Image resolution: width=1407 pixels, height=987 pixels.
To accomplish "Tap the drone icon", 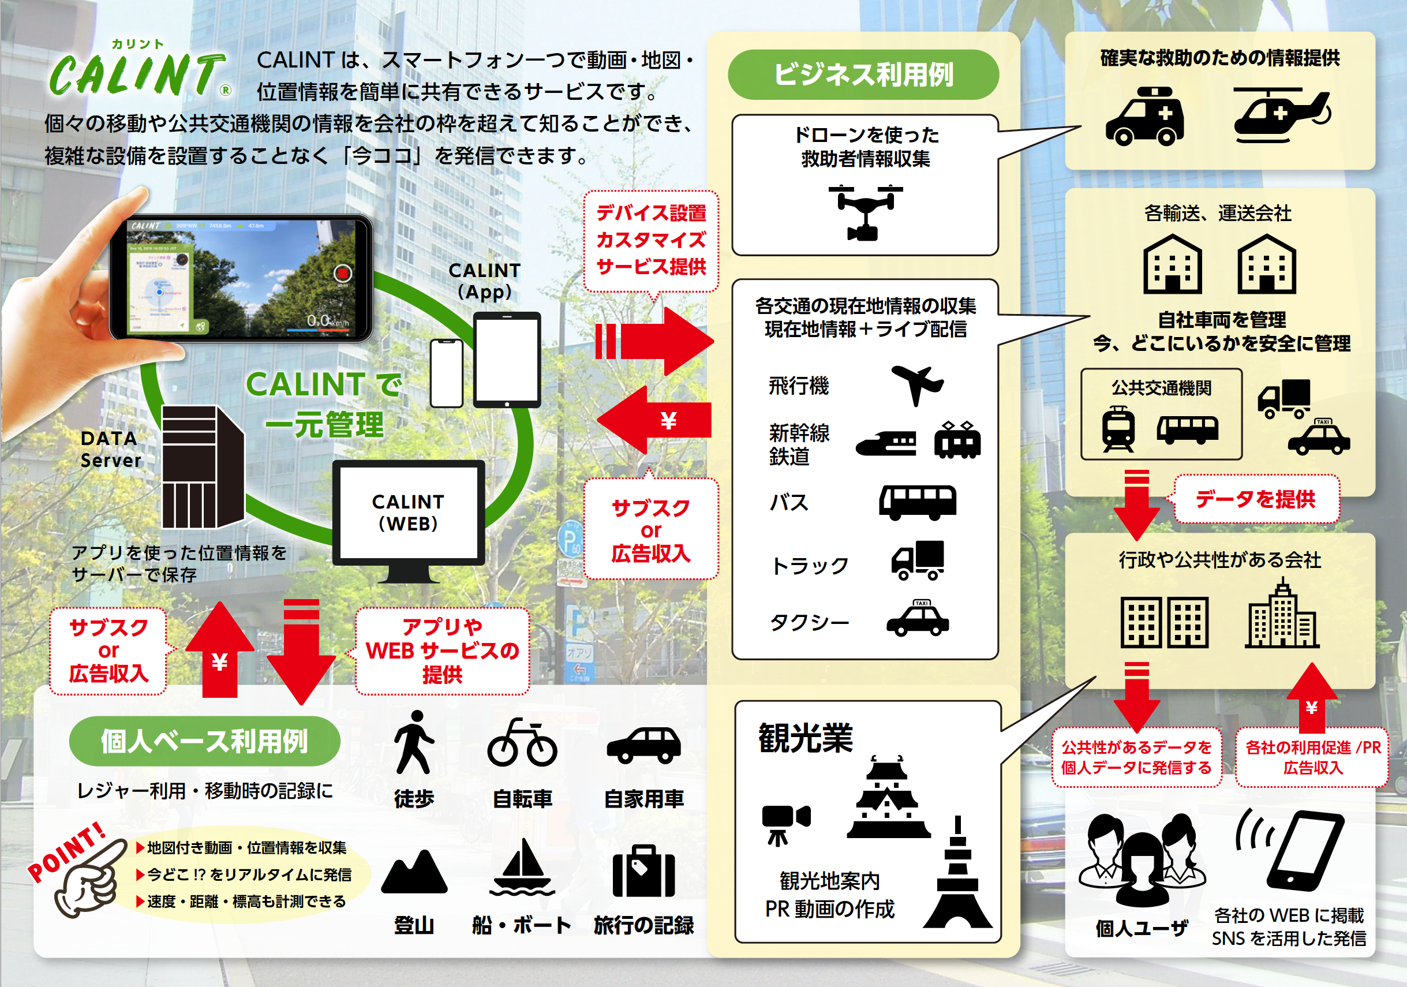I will coord(865,212).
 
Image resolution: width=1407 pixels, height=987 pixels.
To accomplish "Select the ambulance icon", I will coord(1144,116).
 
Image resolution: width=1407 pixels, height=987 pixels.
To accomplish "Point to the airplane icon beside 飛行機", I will coord(917,385).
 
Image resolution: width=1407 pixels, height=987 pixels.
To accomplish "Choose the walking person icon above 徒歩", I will coord(414,742).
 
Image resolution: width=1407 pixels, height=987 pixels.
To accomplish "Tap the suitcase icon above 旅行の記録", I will coord(643,870).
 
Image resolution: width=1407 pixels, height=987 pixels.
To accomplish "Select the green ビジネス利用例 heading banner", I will coord(863,75).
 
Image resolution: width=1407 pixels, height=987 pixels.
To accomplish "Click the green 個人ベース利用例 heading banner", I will coord(204,741).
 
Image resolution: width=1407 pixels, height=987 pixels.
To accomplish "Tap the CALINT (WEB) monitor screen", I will coord(408,513).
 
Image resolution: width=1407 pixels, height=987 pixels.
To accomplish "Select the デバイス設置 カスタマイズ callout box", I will coord(651,240).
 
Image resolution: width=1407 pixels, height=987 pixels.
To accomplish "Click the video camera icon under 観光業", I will coord(784,821).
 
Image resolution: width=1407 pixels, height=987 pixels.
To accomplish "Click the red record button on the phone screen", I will coord(342,273).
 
